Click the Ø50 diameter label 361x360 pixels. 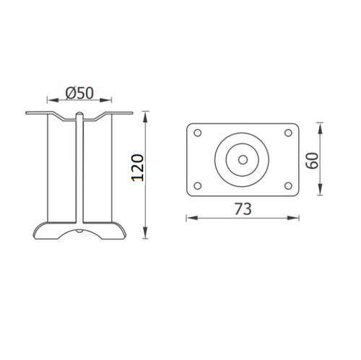click(79, 93)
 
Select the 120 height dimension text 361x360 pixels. click(137, 168)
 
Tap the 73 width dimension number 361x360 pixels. click(243, 209)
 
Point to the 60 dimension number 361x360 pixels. click(312, 161)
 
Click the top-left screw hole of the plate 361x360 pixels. click(198, 133)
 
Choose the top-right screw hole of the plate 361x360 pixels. click(288, 133)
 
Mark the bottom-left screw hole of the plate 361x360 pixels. click(198, 185)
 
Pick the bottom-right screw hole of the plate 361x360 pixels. click(288, 185)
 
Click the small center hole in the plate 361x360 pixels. click(243, 159)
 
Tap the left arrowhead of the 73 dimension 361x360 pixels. click(192, 218)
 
